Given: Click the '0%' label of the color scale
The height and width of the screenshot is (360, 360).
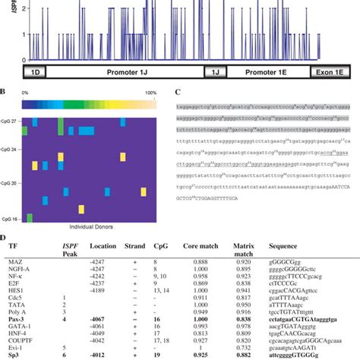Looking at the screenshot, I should tap(26, 91).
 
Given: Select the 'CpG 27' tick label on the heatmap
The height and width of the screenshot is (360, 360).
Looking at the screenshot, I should tap(13, 121).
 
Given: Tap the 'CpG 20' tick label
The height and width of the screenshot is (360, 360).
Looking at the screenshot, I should tap(13, 183).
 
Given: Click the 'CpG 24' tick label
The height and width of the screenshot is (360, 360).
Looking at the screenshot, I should tap(13, 149).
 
